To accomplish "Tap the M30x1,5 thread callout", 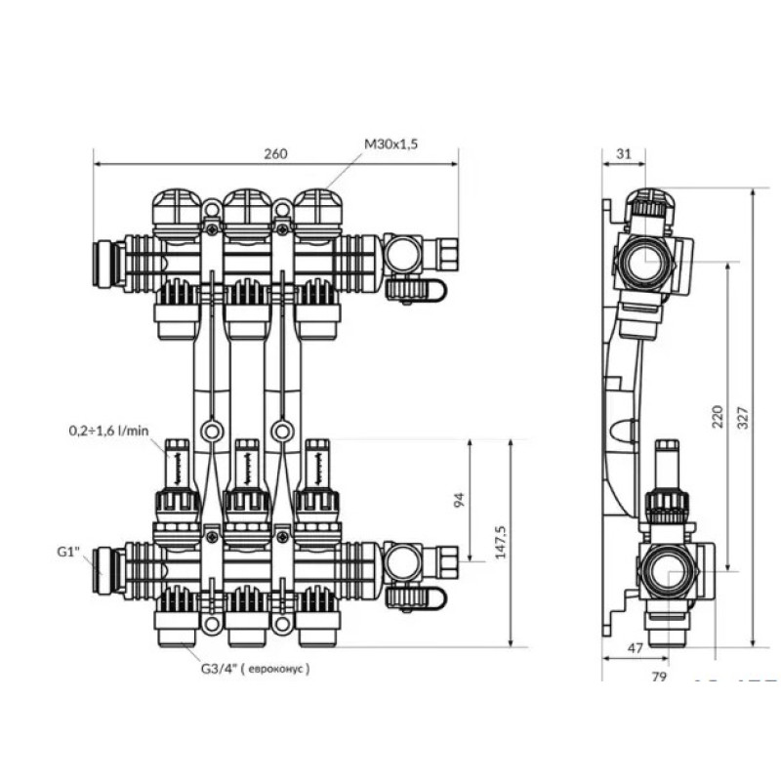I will click(x=391, y=144).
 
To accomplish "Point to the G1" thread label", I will click(x=67, y=553).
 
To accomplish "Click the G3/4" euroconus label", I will click(x=256, y=669).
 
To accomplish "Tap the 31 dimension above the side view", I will click(x=625, y=154).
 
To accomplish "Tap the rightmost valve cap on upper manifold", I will click(x=317, y=213).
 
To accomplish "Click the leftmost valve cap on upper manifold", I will click(x=176, y=213).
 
